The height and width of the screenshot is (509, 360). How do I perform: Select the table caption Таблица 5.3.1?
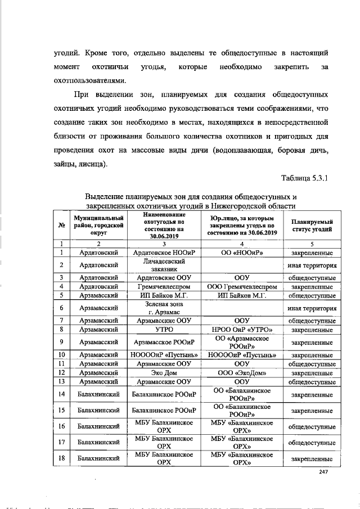coord(304,179)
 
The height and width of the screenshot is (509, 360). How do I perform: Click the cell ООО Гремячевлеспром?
coord(241,286)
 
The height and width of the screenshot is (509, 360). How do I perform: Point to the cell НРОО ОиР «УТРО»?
coord(241,329)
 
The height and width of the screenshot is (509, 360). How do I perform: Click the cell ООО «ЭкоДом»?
coord(241,372)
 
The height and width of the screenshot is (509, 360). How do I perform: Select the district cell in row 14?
coord(98,395)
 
